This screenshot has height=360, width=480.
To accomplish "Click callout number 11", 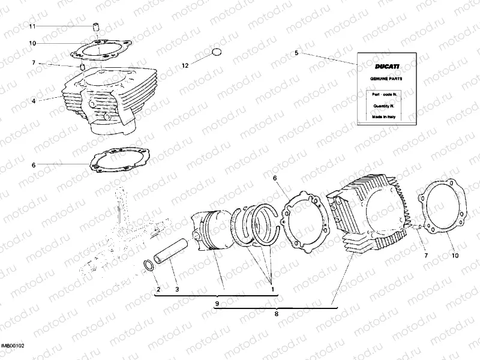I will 33,26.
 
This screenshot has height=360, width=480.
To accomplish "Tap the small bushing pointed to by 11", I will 95,26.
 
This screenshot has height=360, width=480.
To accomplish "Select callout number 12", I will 185,65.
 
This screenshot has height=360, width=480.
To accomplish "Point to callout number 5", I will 296,53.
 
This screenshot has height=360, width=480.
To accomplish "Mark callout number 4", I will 34,101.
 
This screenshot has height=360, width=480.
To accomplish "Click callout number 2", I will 158,290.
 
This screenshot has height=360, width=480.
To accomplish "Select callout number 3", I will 177,290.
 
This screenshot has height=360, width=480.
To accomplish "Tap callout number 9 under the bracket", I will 217,304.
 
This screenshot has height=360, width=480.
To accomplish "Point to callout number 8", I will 276,313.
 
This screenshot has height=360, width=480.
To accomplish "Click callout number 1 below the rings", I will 273,290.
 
